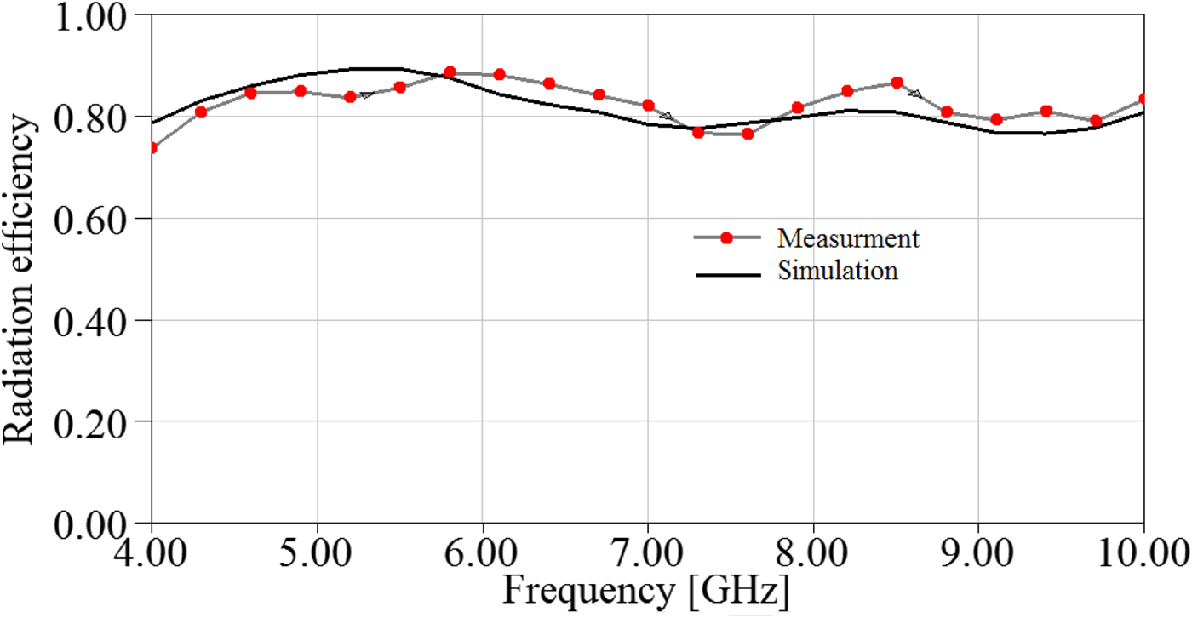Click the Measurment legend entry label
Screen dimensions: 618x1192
click(x=849, y=238)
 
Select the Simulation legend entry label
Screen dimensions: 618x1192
click(x=838, y=272)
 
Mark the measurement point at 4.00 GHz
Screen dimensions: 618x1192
click(x=152, y=148)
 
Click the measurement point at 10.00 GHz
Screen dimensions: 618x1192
click(x=1143, y=100)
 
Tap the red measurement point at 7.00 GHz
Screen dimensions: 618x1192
click(x=649, y=106)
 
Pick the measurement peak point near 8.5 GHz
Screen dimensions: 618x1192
click(x=897, y=83)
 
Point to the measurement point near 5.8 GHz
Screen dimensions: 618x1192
click(x=450, y=72)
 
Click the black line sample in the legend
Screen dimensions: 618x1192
click(x=727, y=274)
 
